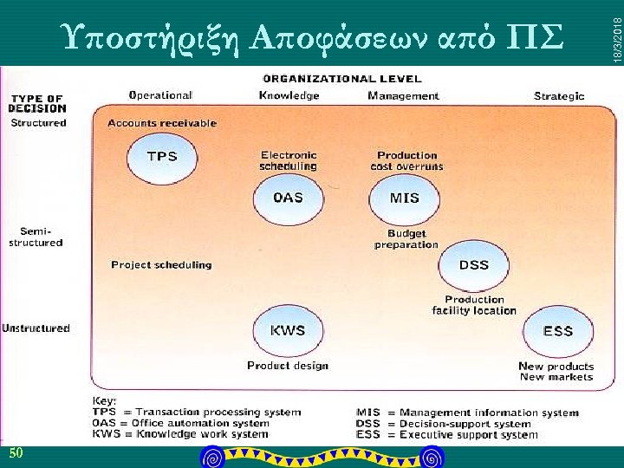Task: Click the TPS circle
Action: coord(162,157)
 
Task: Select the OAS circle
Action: coord(288,198)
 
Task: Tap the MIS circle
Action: coord(404,198)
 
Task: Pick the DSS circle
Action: coord(473,265)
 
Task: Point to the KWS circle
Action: coord(288,331)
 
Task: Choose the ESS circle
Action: coord(558,331)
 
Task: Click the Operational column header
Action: coord(160,95)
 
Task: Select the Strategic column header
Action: coord(559,96)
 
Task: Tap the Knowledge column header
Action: coord(289,95)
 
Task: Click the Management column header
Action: coord(403,95)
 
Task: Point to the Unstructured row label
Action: coord(36,328)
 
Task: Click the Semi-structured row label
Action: coord(36,237)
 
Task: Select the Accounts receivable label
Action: coord(162,123)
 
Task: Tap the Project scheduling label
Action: coord(161,264)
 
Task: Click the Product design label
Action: coord(288,366)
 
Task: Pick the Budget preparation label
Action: coord(406,239)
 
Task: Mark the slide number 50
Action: coord(16,454)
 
